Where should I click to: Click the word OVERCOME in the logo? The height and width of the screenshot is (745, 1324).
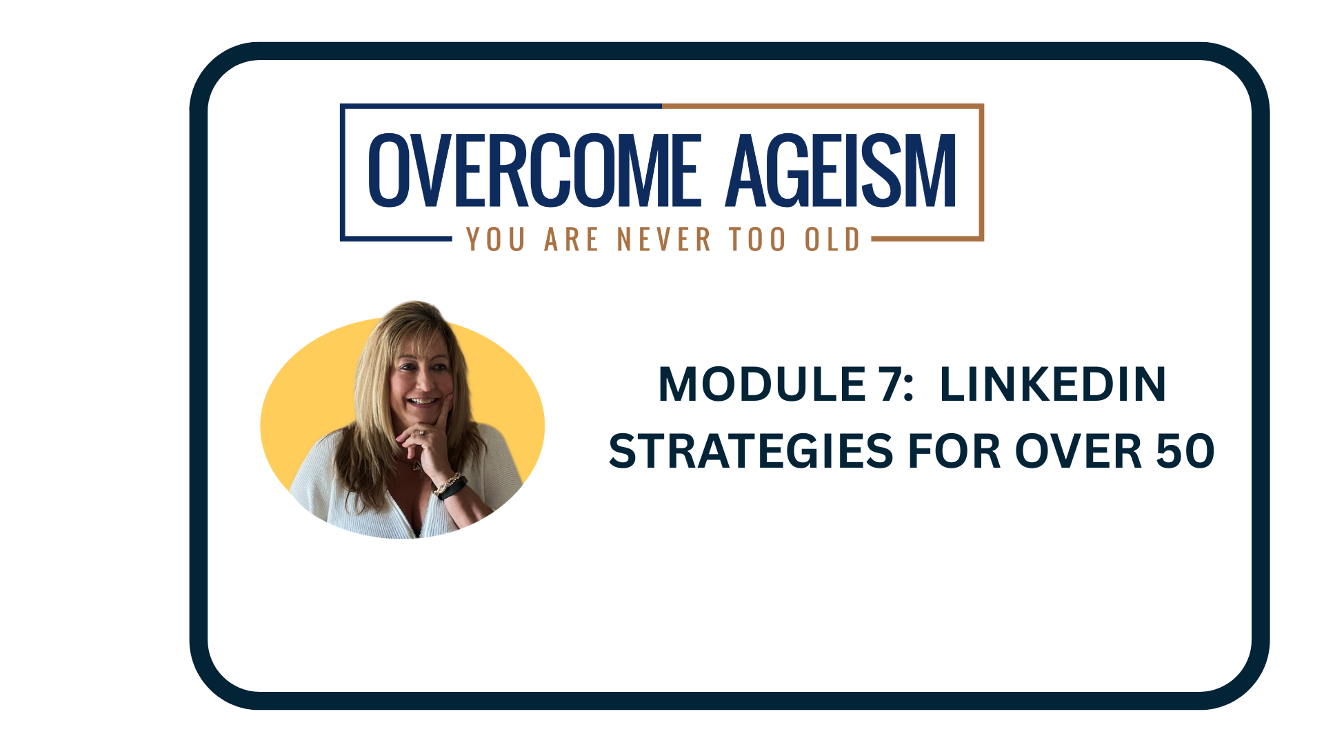(x=535, y=170)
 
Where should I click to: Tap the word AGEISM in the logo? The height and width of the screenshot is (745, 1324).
(x=841, y=170)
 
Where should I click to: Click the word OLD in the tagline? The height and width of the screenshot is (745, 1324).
(x=833, y=239)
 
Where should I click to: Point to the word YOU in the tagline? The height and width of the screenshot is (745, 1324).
(x=496, y=239)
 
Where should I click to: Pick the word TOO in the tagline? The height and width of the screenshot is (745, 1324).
(x=758, y=239)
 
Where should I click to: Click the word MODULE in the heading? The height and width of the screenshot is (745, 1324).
(x=762, y=384)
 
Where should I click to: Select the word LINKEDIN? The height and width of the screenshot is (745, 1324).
(x=1053, y=384)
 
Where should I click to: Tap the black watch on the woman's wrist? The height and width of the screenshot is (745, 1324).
(x=452, y=488)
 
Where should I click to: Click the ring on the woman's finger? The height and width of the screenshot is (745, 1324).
(x=421, y=433)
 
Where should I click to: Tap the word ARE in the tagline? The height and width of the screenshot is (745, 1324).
(x=572, y=239)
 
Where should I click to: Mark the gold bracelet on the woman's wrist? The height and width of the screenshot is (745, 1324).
(x=446, y=483)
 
